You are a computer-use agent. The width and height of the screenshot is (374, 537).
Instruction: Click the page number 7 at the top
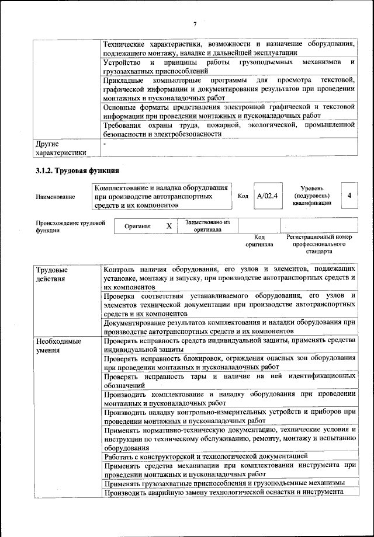click(195, 24)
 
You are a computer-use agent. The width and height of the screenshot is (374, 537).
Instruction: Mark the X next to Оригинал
click(169, 226)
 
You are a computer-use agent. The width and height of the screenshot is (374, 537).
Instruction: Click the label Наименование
click(56, 197)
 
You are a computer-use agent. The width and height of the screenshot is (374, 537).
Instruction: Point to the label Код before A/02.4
click(243, 196)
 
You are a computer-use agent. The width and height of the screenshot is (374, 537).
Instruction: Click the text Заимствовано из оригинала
click(207, 226)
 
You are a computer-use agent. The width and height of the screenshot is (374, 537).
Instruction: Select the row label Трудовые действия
click(51, 275)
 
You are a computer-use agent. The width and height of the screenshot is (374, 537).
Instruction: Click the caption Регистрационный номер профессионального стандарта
click(318, 245)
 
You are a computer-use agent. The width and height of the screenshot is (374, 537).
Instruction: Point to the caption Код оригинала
click(259, 241)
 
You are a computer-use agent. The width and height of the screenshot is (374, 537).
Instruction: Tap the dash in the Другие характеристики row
click(105, 143)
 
